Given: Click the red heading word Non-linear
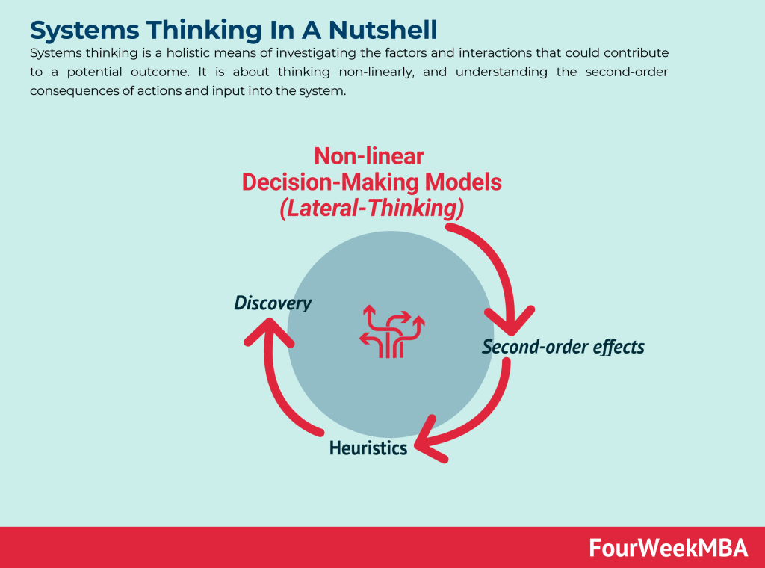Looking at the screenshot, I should [x=369, y=155].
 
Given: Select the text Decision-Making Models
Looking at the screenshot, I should [x=372, y=182].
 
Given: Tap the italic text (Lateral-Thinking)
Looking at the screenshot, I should [x=372, y=209].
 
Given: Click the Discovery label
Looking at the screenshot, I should [x=273, y=303].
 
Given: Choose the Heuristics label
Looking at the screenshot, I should [x=368, y=448].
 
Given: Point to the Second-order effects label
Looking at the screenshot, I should [x=563, y=347].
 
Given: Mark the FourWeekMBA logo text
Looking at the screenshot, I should [x=668, y=548].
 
